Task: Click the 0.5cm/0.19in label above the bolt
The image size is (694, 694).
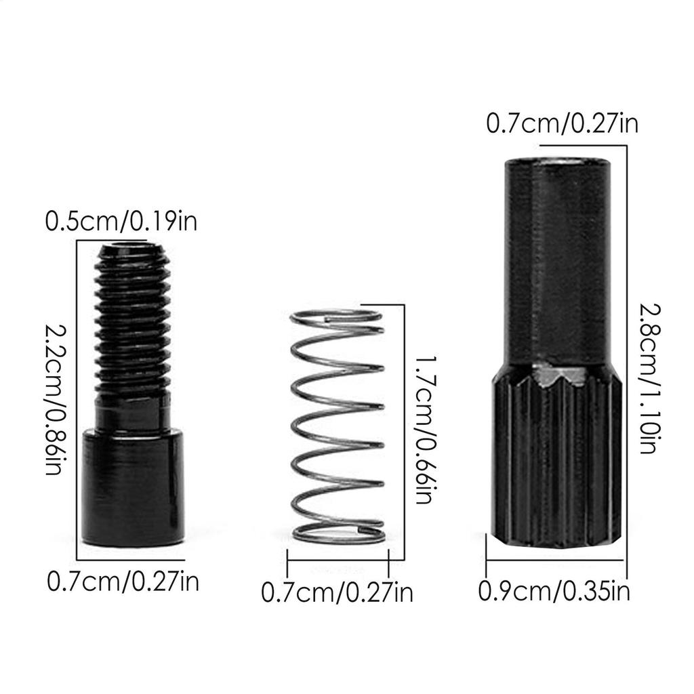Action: [121, 222]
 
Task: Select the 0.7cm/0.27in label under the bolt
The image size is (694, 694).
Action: [123, 581]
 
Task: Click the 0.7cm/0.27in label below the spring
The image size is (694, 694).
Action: [337, 594]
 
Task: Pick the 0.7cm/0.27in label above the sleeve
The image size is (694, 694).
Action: [562, 124]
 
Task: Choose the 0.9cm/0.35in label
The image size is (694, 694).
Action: [554, 591]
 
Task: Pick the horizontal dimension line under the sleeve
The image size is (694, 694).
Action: [554, 560]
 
